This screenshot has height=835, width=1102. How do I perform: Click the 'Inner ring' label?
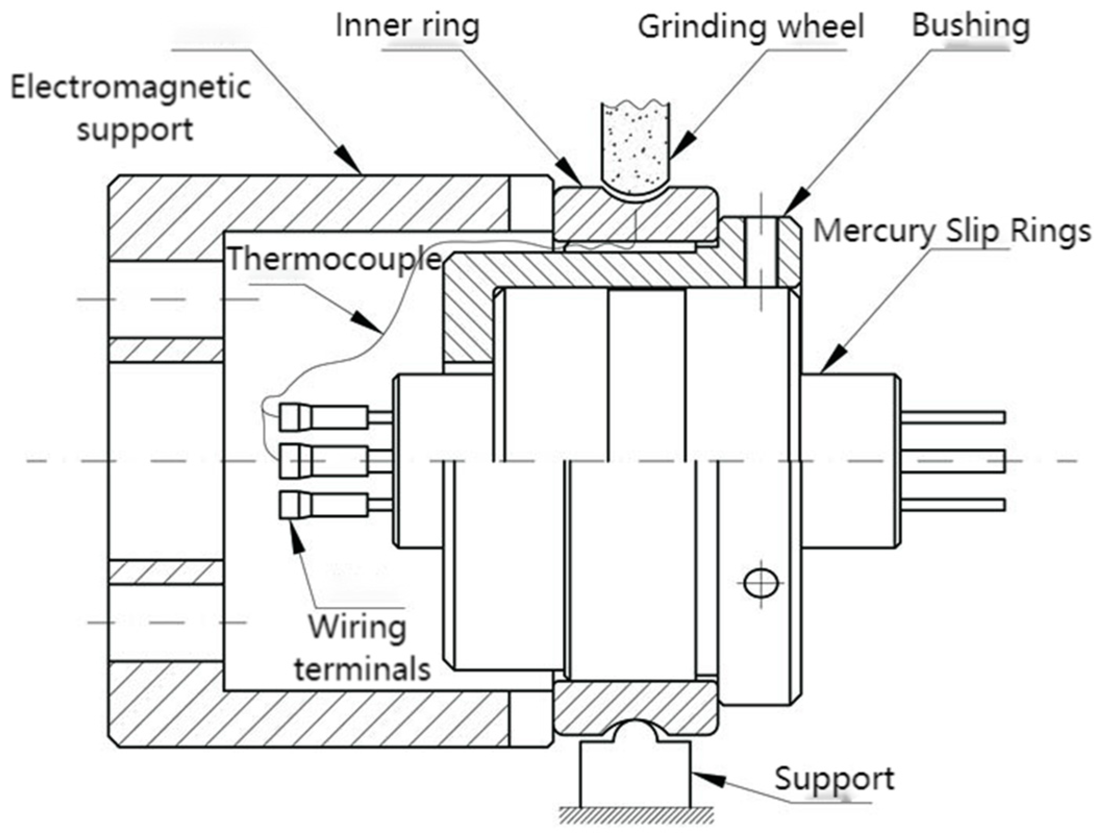tap(407, 26)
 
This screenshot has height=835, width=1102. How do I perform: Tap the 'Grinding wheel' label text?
tap(751, 27)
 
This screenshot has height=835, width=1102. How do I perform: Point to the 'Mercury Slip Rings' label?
tap(952, 231)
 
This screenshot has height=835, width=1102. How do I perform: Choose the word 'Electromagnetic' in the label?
tap(131, 88)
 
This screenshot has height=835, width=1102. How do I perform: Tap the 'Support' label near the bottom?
tap(834, 778)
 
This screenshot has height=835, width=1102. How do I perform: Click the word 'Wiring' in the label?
tap(357, 627)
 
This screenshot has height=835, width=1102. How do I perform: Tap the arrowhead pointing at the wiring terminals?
tap(296, 537)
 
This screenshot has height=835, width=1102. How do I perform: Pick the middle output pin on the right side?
tap(953, 462)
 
